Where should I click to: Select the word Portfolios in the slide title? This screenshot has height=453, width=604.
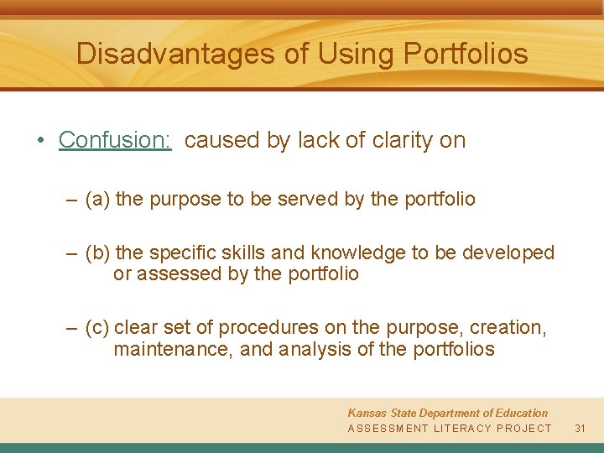[x=466, y=55]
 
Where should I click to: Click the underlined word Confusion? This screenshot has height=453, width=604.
[x=115, y=140]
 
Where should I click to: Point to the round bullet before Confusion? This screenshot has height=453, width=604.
[x=41, y=140]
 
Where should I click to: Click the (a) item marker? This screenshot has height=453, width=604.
[x=97, y=200]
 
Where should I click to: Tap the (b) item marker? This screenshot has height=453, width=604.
[x=97, y=253]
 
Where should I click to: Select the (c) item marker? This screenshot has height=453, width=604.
[x=97, y=327]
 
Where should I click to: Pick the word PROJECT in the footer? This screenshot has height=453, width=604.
[x=524, y=429]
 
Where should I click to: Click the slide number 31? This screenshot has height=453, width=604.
[x=579, y=429]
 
